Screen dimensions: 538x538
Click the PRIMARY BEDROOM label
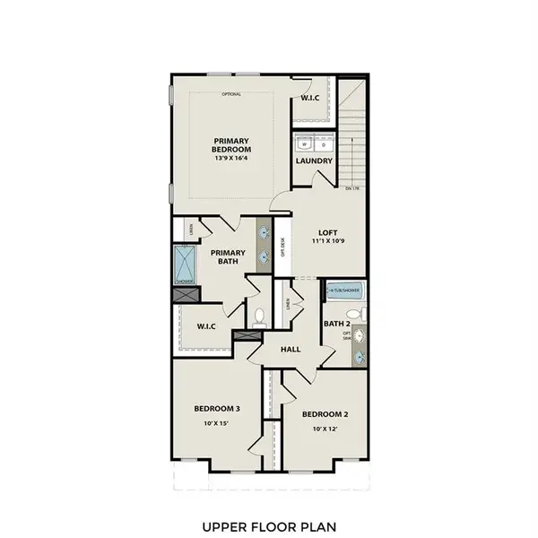point(232,143)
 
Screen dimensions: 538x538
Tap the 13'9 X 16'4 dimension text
point(232,159)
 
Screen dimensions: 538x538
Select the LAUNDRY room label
point(314,161)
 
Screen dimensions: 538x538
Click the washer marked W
point(305,143)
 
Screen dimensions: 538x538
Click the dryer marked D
point(324,143)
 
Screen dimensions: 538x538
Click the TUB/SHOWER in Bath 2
point(343,291)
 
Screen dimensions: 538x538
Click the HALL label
point(291,350)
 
